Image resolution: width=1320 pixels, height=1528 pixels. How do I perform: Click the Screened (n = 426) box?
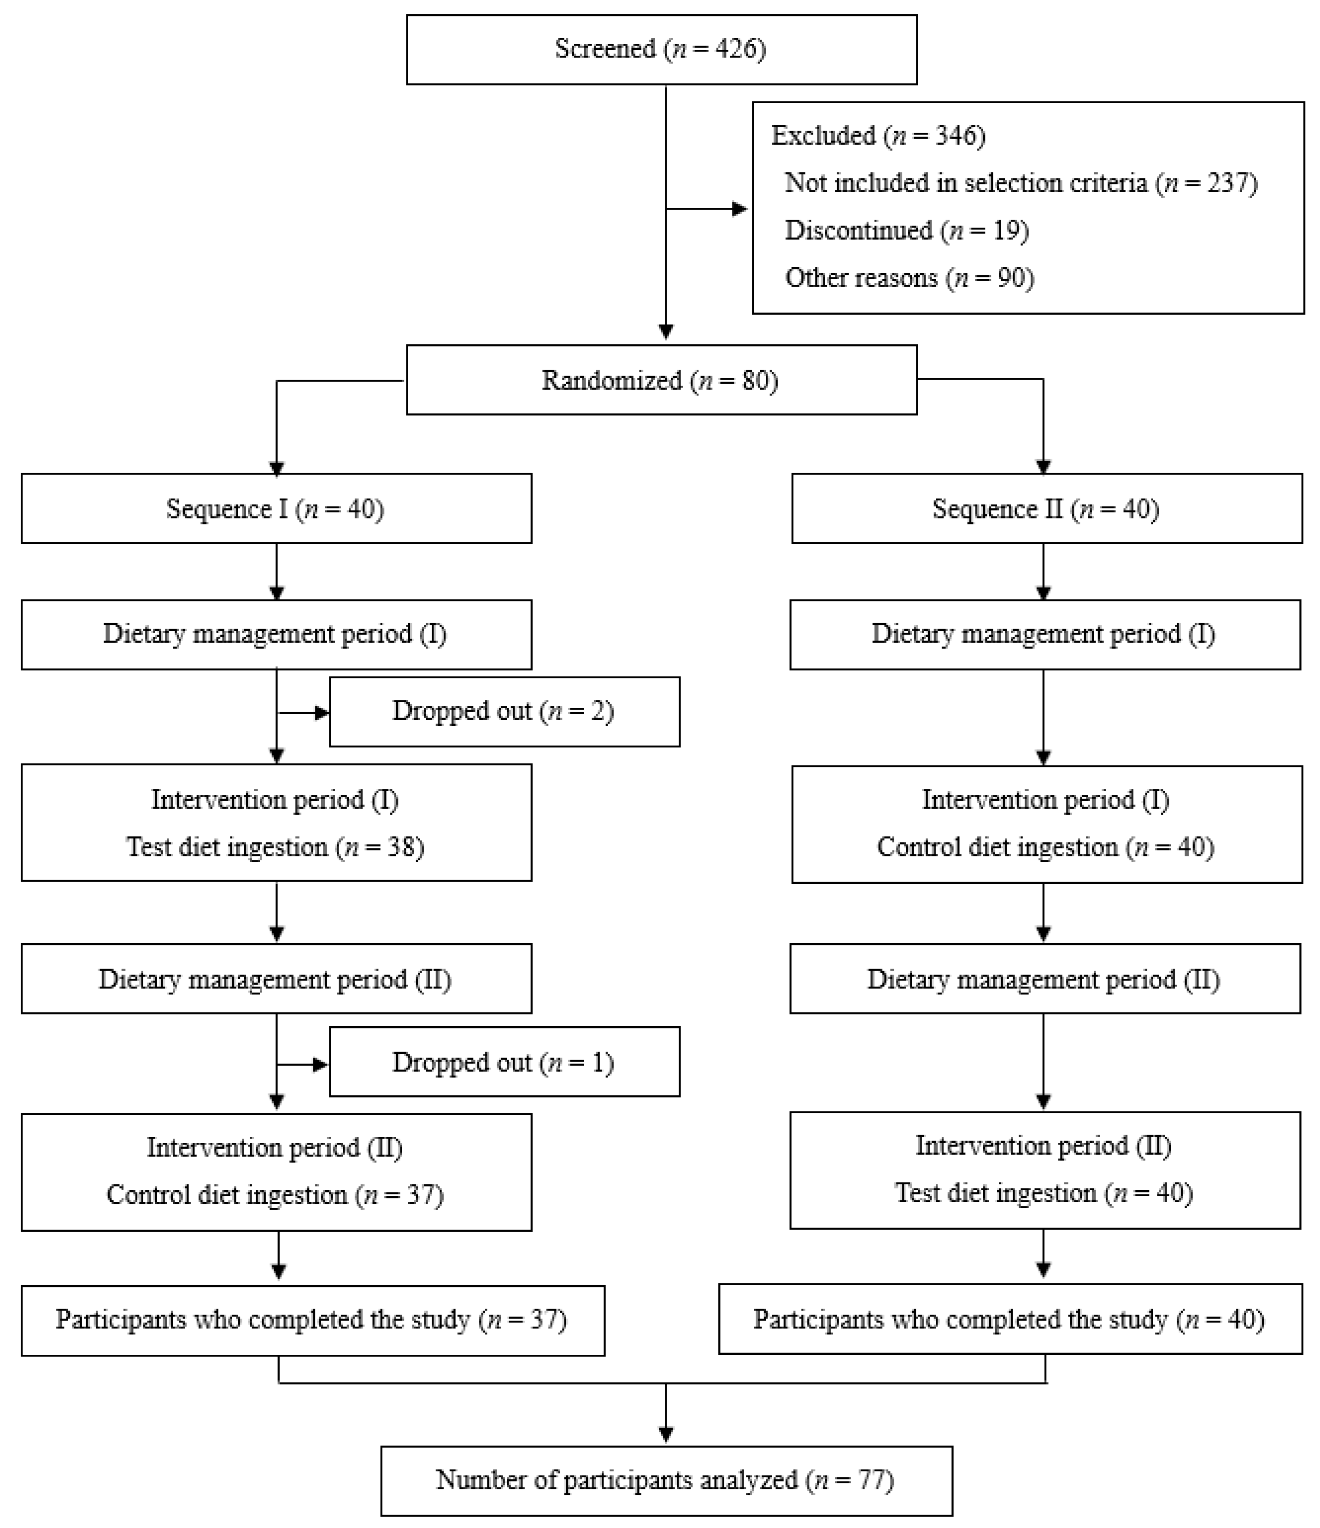click(662, 49)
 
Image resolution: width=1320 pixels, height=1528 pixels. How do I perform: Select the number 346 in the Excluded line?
click(958, 135)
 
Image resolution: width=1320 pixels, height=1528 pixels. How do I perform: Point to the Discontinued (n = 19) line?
click(906, 231)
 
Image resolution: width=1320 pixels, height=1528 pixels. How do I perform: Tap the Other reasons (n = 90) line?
click(909, 278)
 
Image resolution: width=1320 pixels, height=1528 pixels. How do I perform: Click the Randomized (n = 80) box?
click(662, 380)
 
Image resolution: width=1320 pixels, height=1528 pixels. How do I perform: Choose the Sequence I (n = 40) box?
click(276, 509)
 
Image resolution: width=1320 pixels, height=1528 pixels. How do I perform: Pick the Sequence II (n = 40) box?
click(1046, 509)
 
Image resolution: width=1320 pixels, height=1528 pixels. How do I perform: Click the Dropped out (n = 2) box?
click(505, 711)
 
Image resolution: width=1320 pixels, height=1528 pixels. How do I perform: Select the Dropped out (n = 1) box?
click(505, 1062)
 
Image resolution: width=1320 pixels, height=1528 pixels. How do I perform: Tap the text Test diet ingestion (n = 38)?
click(275, 846)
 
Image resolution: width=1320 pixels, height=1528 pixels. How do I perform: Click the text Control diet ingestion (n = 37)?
click(275, 1195)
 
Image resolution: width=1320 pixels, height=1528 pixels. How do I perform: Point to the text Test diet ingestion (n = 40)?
click(1044, 1193)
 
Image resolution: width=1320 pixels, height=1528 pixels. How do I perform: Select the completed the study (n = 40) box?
click(1010, 1319)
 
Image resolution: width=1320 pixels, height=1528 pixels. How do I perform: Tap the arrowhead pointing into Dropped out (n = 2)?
click(322, 712)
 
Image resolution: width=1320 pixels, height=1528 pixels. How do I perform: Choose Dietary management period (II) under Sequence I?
click(276, 979)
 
